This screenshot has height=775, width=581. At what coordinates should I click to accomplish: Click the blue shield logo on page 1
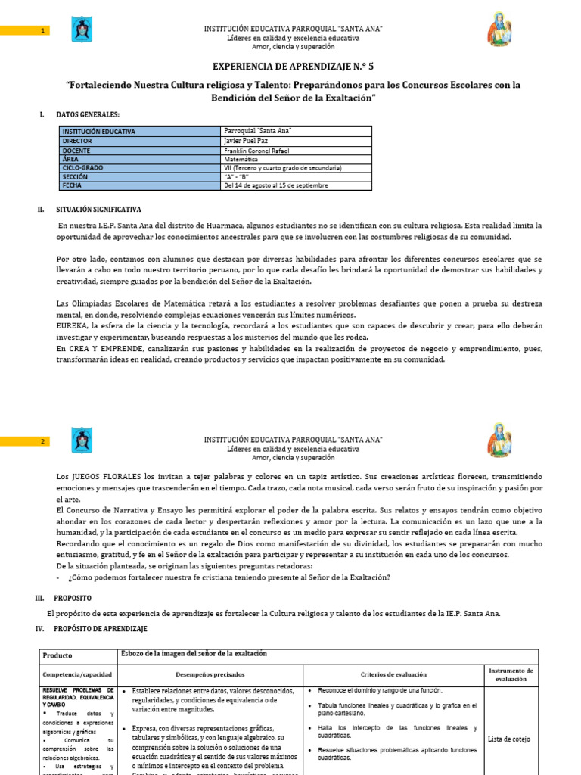pos(80,30)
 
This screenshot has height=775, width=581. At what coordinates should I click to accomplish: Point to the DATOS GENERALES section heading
pos(88,114)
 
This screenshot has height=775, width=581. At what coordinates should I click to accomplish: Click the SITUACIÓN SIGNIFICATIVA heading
pos(99,209)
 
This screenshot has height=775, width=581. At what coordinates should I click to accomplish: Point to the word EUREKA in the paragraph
pos(73,327)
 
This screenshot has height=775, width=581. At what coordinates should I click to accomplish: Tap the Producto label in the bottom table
pos(57,655)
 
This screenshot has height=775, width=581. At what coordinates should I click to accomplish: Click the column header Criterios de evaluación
pos(392,674)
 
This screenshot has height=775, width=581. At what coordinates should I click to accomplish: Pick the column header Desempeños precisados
pos(210,674)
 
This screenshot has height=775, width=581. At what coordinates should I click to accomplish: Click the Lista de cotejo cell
pos(509,739)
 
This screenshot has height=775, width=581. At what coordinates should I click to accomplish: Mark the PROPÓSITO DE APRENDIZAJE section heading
pos(101,629)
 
